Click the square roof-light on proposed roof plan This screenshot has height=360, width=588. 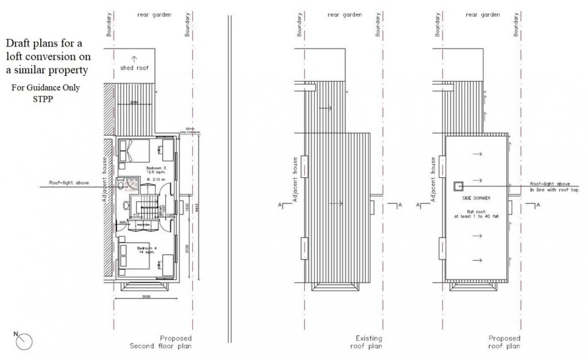click(x=457, y=186)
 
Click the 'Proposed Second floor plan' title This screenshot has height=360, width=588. click(x=160, y=342)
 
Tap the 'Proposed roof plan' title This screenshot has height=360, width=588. click(x=504, y=342)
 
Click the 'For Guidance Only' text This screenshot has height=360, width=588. click(x=45, y=88)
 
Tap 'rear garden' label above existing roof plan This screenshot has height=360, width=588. click(x=344, y=15)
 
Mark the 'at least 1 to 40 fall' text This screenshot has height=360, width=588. click(x=477, y=217)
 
